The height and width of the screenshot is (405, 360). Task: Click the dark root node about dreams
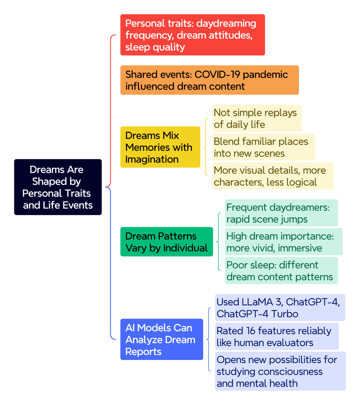(x=58, y=187)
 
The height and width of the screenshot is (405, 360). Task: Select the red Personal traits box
(x=192, y=35)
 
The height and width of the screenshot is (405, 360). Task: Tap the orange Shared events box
(x=209, y=80)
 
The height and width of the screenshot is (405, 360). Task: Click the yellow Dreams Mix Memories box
(x=160, y=147)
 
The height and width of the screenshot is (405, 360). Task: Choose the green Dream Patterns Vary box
(x=167, y=242)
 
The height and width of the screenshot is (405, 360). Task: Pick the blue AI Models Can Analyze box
(x=162, y=339)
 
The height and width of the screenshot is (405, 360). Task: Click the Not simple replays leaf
(x=257, y=118)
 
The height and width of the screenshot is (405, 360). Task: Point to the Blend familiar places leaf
(x=263, y=147)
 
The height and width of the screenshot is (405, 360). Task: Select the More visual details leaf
(x=273, y=176)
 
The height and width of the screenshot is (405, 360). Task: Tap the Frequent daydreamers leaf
(x=281, y=213)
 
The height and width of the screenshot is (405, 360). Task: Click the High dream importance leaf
(x=284, y=242)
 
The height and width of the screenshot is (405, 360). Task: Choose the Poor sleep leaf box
(x=281, y=270)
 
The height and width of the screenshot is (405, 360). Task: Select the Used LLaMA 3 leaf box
(x=280, y=307)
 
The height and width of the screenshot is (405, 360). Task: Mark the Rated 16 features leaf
(x=277, y=336)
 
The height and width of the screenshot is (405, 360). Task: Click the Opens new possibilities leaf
(x=280, y=371)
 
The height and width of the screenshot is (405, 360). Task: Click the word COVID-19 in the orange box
(x=217, y=74)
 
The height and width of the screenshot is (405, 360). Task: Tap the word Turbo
(x=285, y=314)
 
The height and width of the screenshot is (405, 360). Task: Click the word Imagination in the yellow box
(x=152, y=159)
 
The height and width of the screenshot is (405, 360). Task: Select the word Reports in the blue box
(x=143, y=351)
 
